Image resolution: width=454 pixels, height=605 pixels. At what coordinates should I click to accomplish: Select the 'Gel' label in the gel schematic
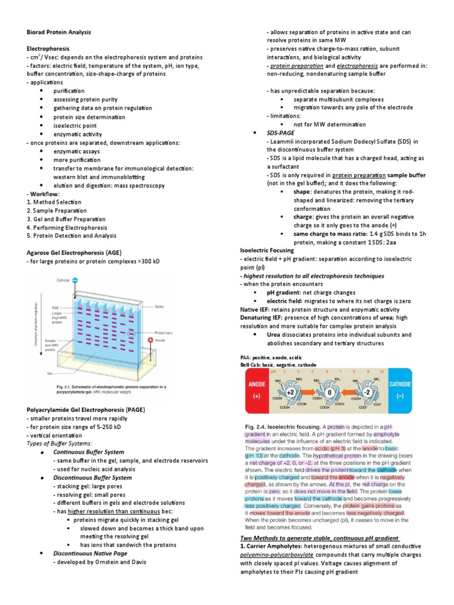(x=51, y=374)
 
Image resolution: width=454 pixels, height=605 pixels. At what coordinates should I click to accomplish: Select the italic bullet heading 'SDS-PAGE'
(x=281, y=133)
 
